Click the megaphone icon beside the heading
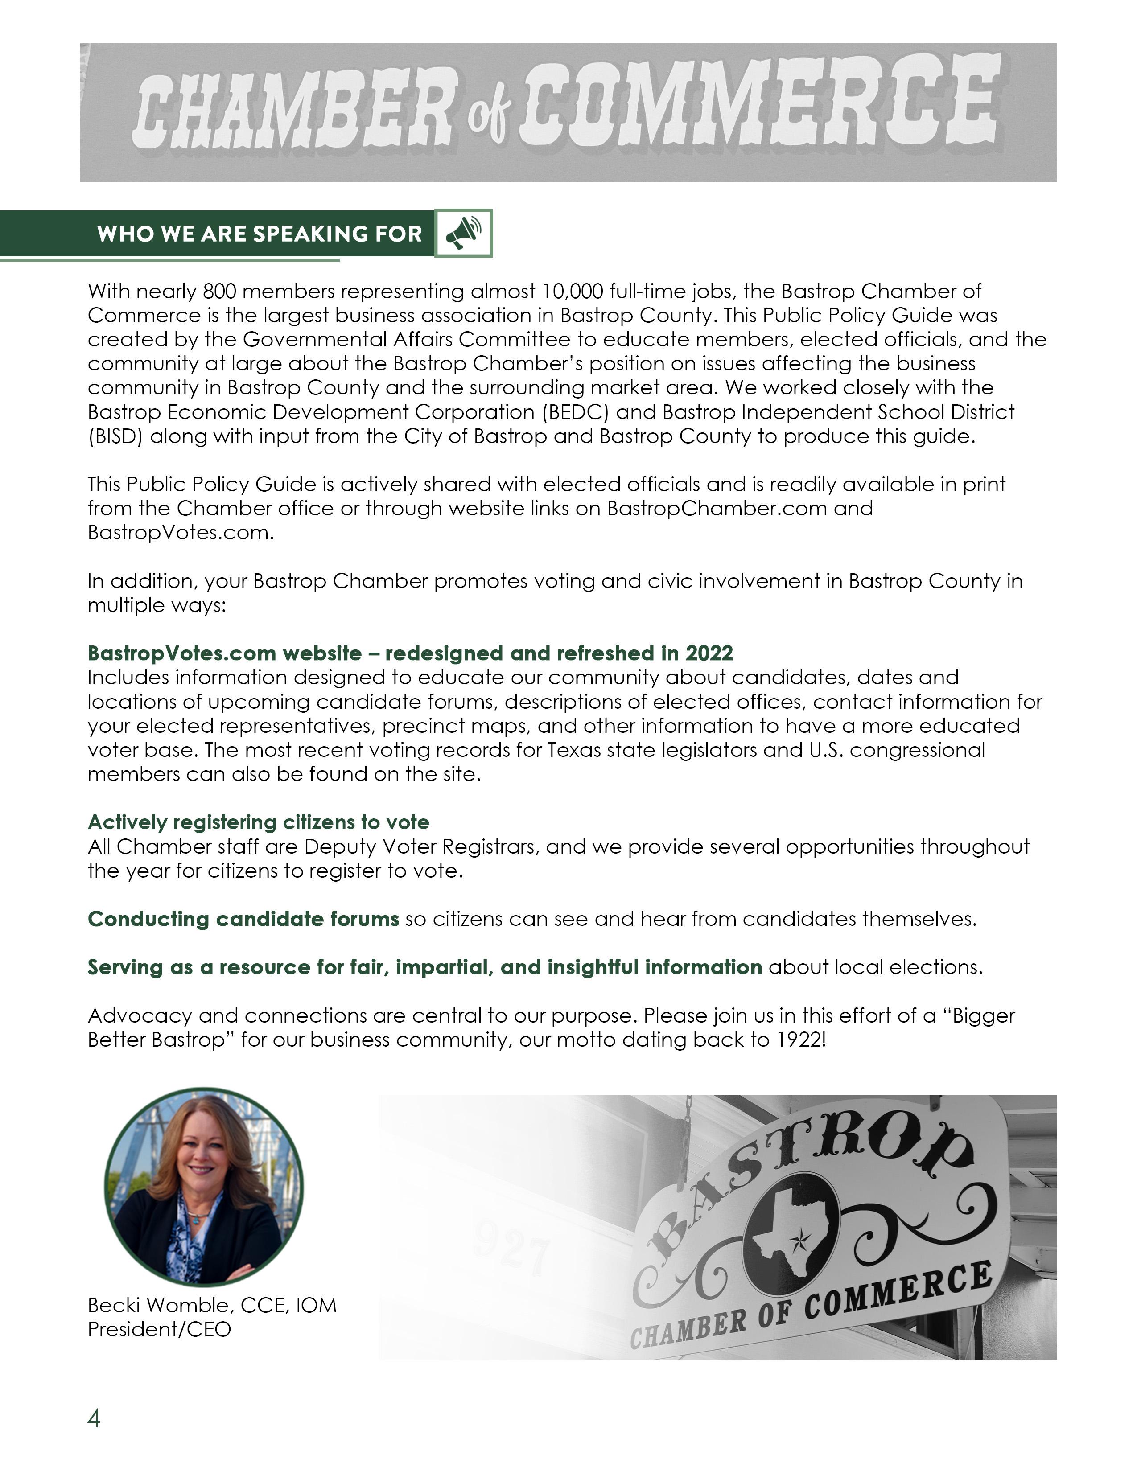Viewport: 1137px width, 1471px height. pyautogui.click(x=463, y=233)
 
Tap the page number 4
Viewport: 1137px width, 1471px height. pyautogui.click(x=94, y=1418)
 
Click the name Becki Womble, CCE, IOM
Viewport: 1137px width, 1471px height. pyautogui.click(x=211, y=1305)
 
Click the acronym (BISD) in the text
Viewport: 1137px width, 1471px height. pyautogui.click(x=115, y=436)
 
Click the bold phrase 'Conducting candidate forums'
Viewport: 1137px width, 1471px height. pyautogui.click(x=243, y=919)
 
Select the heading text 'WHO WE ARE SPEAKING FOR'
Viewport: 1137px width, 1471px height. pyautogui.click(x=260, y=234)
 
